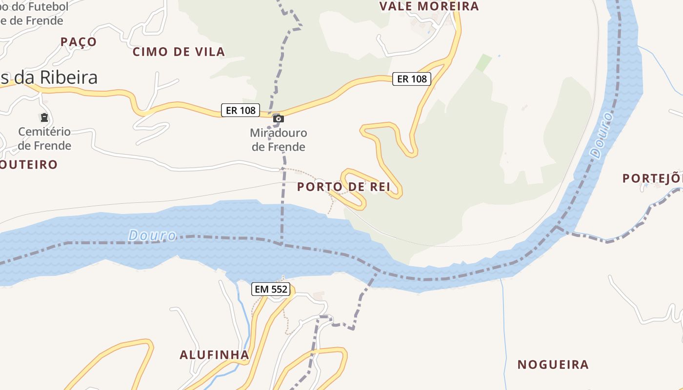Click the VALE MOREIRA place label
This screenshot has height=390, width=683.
429,6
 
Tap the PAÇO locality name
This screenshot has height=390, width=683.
79,42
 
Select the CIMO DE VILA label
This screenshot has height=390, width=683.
179,52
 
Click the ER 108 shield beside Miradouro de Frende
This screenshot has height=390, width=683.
241,110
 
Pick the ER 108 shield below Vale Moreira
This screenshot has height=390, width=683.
412,78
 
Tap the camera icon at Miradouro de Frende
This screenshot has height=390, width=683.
279,118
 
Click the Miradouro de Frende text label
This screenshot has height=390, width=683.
279,139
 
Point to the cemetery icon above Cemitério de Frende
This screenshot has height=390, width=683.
44,117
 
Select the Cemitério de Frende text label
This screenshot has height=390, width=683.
44,138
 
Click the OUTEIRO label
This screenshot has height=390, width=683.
29,164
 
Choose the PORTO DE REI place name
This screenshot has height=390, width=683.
344,187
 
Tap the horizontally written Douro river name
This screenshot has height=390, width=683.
152,235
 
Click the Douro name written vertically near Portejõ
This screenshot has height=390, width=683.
602,135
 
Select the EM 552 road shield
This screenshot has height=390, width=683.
272,289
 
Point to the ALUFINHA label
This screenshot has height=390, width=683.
214,355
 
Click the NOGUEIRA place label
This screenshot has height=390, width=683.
553,365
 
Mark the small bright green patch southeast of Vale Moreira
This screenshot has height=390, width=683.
483,62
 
